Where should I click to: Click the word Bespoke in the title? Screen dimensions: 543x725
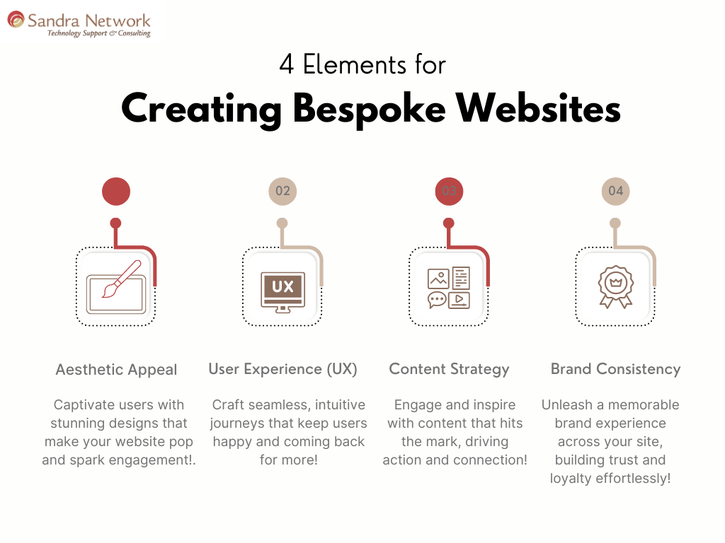pyautogui.click(x=368, y=110)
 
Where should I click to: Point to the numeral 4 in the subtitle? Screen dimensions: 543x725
pyautogui.click(x=286, y=66)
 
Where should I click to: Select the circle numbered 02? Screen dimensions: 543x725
pyautogui.click(x=282, y=191)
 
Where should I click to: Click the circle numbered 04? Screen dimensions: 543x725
pyautogui.click(x=615, y=191)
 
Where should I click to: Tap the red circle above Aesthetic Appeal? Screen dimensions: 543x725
pyautogui.click(x=116, y=191)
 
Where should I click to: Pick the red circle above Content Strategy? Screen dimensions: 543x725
pyautogui.click(x=449, y=191)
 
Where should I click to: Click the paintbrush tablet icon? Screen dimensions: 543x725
pyautogui.click(x=116, y=288)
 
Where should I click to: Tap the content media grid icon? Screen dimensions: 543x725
pyautogui.click(x=449, y=288)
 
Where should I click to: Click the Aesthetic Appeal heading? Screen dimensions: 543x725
pyautogui.click(x=116, y=370)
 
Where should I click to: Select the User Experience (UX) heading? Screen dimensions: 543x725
pyautogui.click(x=282, y=369)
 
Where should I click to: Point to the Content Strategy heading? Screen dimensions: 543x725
pyautogui.click(x=449, y=369)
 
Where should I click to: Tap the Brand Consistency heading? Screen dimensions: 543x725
pyautogui.click(x=615, y=369)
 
